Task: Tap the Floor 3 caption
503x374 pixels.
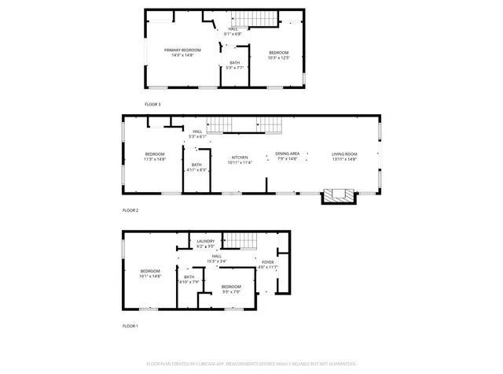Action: pyautogui.click(x=152, y=104)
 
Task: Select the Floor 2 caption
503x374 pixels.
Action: pyautogui.click(x=130, y=210)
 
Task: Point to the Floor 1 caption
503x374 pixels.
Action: pyautogui.click(x=130, y=325)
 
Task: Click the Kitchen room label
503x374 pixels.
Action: pyautogui.click(x=240, y=157)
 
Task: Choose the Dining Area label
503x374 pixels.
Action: pyautogui.click(x=287, y=154)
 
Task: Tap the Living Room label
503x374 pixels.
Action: pyautogui.click(x=344, y=154)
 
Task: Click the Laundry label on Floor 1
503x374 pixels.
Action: pyautogui.click(x=206, y=241)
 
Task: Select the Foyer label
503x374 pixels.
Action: pyautogui.click(x=268, y=261)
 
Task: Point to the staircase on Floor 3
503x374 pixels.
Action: pyautogui.click(x=259, y=20)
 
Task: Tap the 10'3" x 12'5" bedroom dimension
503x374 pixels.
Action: pyautogui.click(x=279, y=57)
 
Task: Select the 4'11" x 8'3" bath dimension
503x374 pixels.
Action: pyautogui.click(x=196, y=170)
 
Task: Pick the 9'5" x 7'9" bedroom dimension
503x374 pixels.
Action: pyautogui.click(x=231, y=292)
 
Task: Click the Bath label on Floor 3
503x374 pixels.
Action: pyautogui.click(x=235, y=63)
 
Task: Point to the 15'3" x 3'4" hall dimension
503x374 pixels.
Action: pyautogui.click(x=216, y=261)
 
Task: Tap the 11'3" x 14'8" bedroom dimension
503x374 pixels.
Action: pyautogui.click(x=155, y=159)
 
